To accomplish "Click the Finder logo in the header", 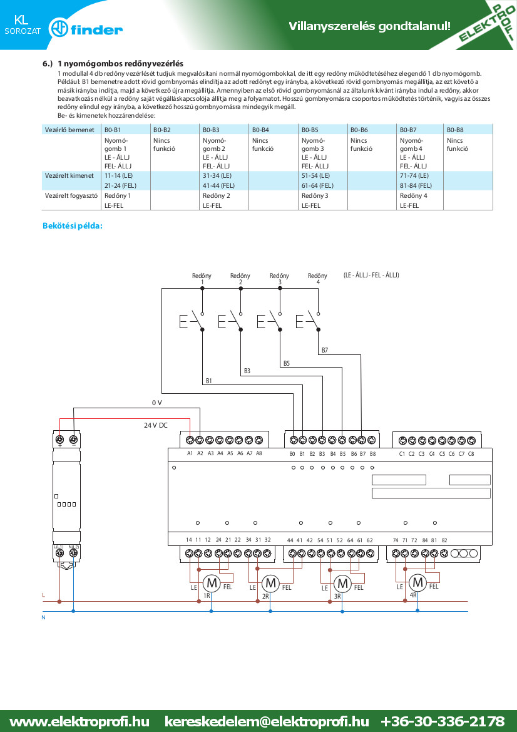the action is tap(85, 29).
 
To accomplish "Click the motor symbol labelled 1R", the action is tap(212, 582).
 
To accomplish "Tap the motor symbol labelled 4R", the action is tap(417, 582).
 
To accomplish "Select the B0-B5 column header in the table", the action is tap(310, 130).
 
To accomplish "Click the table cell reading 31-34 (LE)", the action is tap(217, 175).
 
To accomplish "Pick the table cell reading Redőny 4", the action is tap(414, 195).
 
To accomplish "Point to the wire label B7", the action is tap(325, 350).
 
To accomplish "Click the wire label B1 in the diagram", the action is tap(209, 381).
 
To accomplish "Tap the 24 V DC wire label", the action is tap(155, 425).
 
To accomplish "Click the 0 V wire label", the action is tap(156, 403).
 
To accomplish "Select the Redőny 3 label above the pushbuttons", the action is tap(279, 279).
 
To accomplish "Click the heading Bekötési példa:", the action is tap(73, 226).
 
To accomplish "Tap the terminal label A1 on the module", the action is tap(190, 453).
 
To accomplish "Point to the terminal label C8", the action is tap(471, 454).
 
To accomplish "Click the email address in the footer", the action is tap(267, 721).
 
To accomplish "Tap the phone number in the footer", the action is tap(443, 721).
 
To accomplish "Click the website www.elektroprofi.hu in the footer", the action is tap(79, 721).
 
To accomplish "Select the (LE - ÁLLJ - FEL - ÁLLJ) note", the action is tap(371, 276).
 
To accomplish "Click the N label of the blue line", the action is tap(43, 617).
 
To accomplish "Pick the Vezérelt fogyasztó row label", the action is tap(71, 195).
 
